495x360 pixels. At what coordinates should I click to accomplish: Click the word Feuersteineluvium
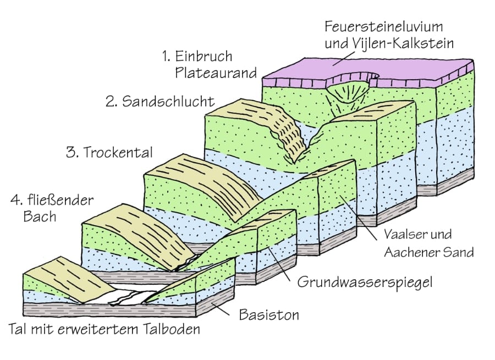tap(383, 26)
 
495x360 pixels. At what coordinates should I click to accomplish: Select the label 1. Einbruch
tap(196, 56)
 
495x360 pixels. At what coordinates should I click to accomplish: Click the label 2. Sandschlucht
tap(160, 101)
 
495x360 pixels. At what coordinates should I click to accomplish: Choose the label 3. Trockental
tap(109, 152)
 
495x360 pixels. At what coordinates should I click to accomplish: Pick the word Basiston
tap(268, 315)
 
